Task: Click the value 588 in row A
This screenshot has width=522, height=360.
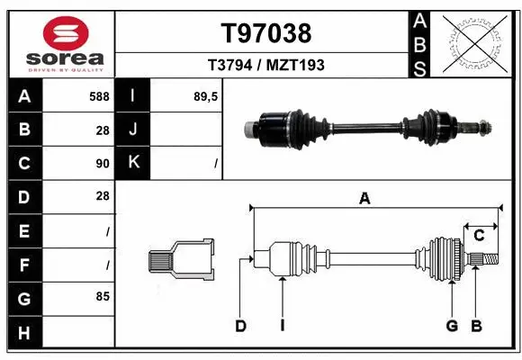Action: [98, 94]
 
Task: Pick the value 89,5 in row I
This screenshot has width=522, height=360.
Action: [206, 94]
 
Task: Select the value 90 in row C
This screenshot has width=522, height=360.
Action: [102, 164]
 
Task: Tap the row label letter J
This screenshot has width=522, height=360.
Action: [133, 129]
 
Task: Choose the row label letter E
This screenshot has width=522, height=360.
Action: [23, 231]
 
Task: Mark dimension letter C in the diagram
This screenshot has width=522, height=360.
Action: [479, 236]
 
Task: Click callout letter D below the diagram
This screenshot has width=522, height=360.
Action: [240, 326]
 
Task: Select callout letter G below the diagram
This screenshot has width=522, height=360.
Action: [452, 326]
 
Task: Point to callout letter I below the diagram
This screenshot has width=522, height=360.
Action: [282, 326]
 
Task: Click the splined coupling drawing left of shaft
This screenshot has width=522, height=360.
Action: [180, 262]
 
